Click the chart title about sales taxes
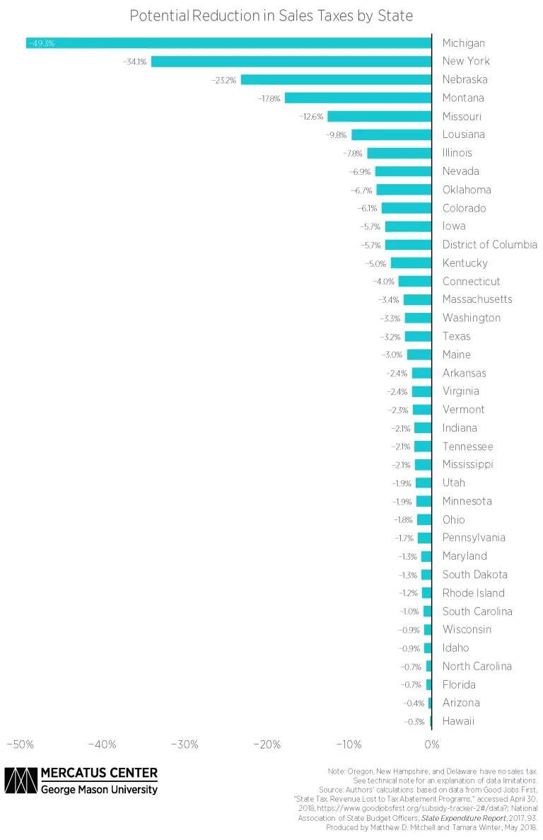tap(271, 15)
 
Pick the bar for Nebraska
tap(336, 80)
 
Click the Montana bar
tap(358, 98)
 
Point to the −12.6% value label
tap(311, 117)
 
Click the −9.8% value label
tap(335, 135)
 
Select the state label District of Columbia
tap(489, 245)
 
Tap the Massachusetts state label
tap(477, 299)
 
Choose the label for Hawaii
tap(458, 721)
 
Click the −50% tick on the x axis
tap(21, 744)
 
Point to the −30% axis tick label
tap(185, 744)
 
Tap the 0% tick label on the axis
tap(431, 744)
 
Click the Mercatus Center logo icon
tap(21, 781)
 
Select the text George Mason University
tap(99, 789)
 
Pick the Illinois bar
tap(399, 154)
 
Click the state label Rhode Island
tap(474, 593)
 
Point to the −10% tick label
tap(349, 744)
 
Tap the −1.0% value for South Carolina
tap(409, 611)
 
